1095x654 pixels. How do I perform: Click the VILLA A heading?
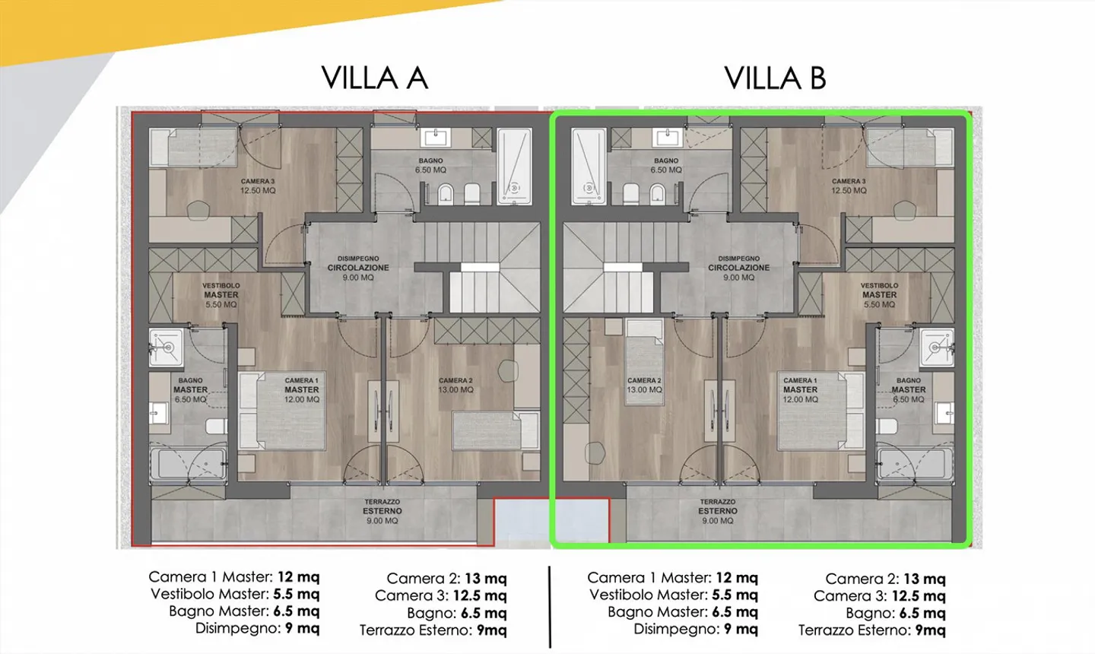click(374, 78)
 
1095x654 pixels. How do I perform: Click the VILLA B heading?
click(775, 78)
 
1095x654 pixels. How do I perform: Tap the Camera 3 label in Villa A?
click(258, 186)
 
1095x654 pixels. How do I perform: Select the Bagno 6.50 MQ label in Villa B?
click(666, 165)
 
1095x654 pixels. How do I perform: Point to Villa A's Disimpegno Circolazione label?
click(358, 268)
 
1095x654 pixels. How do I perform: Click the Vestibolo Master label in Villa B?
click(879, 295)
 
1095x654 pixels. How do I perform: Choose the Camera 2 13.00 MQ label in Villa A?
click(455, 385)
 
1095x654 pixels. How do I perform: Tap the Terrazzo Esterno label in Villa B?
click(718, 511)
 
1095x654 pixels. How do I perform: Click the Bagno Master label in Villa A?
click(191, 389)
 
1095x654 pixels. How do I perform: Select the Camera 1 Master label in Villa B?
click(800, 389)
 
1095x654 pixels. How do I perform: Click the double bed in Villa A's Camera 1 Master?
click(281, 411)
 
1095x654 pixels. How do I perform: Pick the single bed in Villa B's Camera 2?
click(644, 362)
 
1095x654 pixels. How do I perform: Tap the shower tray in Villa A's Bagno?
click(514, 167)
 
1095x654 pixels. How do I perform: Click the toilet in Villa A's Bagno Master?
click(217, 426)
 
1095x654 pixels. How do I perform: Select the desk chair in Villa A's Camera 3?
click(198, 211)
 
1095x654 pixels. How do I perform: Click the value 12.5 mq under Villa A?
click(480, 596)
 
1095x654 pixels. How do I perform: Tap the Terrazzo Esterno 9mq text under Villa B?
click(872, 630)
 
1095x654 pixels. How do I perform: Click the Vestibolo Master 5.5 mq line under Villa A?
click(235, 594)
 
